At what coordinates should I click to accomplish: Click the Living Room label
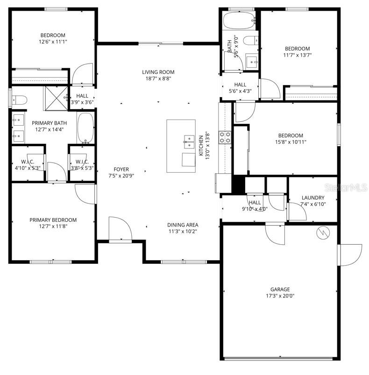coord(158,72)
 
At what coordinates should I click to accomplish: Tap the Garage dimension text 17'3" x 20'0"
coord(280,296)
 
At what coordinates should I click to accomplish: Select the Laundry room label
coord(312,198)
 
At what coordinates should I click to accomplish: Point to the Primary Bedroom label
coord(53,220)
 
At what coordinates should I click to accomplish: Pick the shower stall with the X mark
coord(56,98)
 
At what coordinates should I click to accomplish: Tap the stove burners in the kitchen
coord(225,136)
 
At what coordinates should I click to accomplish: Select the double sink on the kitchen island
coord(189,139)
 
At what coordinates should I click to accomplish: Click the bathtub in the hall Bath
coord(239,21)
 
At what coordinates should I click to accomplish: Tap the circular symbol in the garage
coord(323,233)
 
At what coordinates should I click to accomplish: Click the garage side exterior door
coord(350,255)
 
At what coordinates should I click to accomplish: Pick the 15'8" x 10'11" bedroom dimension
coord(291,142)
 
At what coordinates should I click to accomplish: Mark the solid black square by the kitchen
coord(238,184)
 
